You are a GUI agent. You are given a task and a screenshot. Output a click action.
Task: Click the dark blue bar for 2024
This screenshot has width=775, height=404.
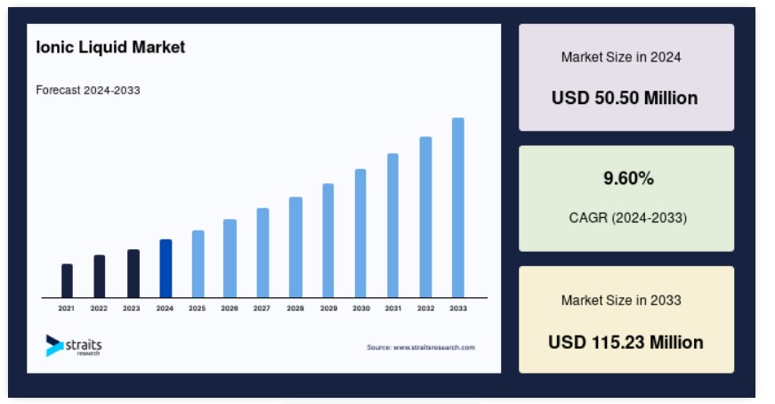pyautogui.click(x=165, y=269)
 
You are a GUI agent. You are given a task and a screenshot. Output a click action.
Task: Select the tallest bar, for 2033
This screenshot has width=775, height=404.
pyautogui.click(x=457, y=207)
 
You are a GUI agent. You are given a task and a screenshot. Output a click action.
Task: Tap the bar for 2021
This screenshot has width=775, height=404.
pyautogui.click(x=68, y=281)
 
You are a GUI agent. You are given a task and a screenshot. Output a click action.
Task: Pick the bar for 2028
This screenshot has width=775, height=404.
pyautogui.click(x=295, y=247)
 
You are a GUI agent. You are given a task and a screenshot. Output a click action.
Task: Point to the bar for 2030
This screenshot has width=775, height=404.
pyautogui.click(x=360, y=233)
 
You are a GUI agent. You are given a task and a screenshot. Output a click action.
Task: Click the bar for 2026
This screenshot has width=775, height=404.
pyautogui.click(x=230, y=259)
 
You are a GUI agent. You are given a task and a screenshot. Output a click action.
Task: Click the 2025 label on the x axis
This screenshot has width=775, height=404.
pyautogui.click(x=198, y=308)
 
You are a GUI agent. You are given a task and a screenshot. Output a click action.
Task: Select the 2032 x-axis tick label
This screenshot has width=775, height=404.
pyautogui.click(x=425, y=308)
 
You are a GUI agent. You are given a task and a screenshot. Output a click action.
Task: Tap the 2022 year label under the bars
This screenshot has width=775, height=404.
pyautogui.click(x=99, y=308)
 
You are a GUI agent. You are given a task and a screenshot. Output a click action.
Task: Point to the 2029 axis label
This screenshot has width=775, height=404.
pyautogui.click(x=328, y=308)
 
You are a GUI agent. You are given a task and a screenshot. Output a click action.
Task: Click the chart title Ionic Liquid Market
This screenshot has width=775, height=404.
pyautogui.click(x=110, y=47)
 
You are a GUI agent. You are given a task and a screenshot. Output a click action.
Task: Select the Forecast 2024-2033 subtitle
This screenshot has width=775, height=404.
pyautogui.click(x=88, y=90)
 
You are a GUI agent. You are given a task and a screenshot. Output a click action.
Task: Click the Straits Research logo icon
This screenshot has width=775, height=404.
pyautogui.click(x=54, y=345)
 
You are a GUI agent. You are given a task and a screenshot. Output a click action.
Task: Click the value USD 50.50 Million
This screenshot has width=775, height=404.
pyautogui.click(x=625, y=98)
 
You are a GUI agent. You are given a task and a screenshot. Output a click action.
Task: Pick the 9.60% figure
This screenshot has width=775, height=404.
pyautogui.click(x=628, y=178)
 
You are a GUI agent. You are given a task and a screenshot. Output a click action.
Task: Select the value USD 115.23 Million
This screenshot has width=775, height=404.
pyautogui.click(x=626, y=343)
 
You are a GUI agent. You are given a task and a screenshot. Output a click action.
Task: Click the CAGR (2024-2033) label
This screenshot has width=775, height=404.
pyautogui.click(x=627, y=218)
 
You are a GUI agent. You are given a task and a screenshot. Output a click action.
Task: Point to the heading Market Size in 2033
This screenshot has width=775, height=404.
pyautogui.click(x=621, y=300)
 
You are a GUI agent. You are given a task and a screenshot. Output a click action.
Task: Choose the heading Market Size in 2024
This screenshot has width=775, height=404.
pyautogui.click(x=621, y=57)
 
